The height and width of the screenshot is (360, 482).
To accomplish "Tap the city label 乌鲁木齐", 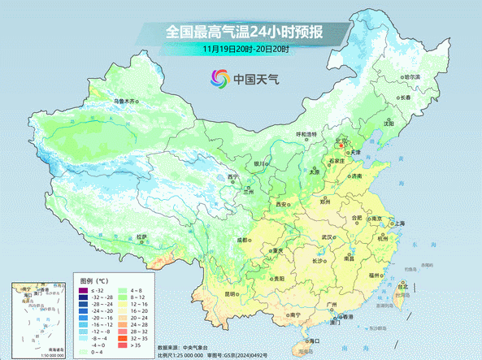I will [x=124, y=101].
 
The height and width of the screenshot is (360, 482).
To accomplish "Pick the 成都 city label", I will [x=241, y=240].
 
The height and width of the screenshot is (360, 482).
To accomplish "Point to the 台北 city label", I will [x=402, y=285].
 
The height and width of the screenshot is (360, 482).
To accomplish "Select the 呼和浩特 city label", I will [x=306, y=134].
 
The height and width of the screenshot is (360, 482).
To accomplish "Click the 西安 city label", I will [x=282, y=204].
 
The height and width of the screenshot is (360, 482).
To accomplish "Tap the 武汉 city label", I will [x=328, y=236].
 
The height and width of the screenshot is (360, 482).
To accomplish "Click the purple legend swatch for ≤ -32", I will [x=82, y=290].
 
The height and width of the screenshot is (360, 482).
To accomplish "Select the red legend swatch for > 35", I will [x=124, y=345].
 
